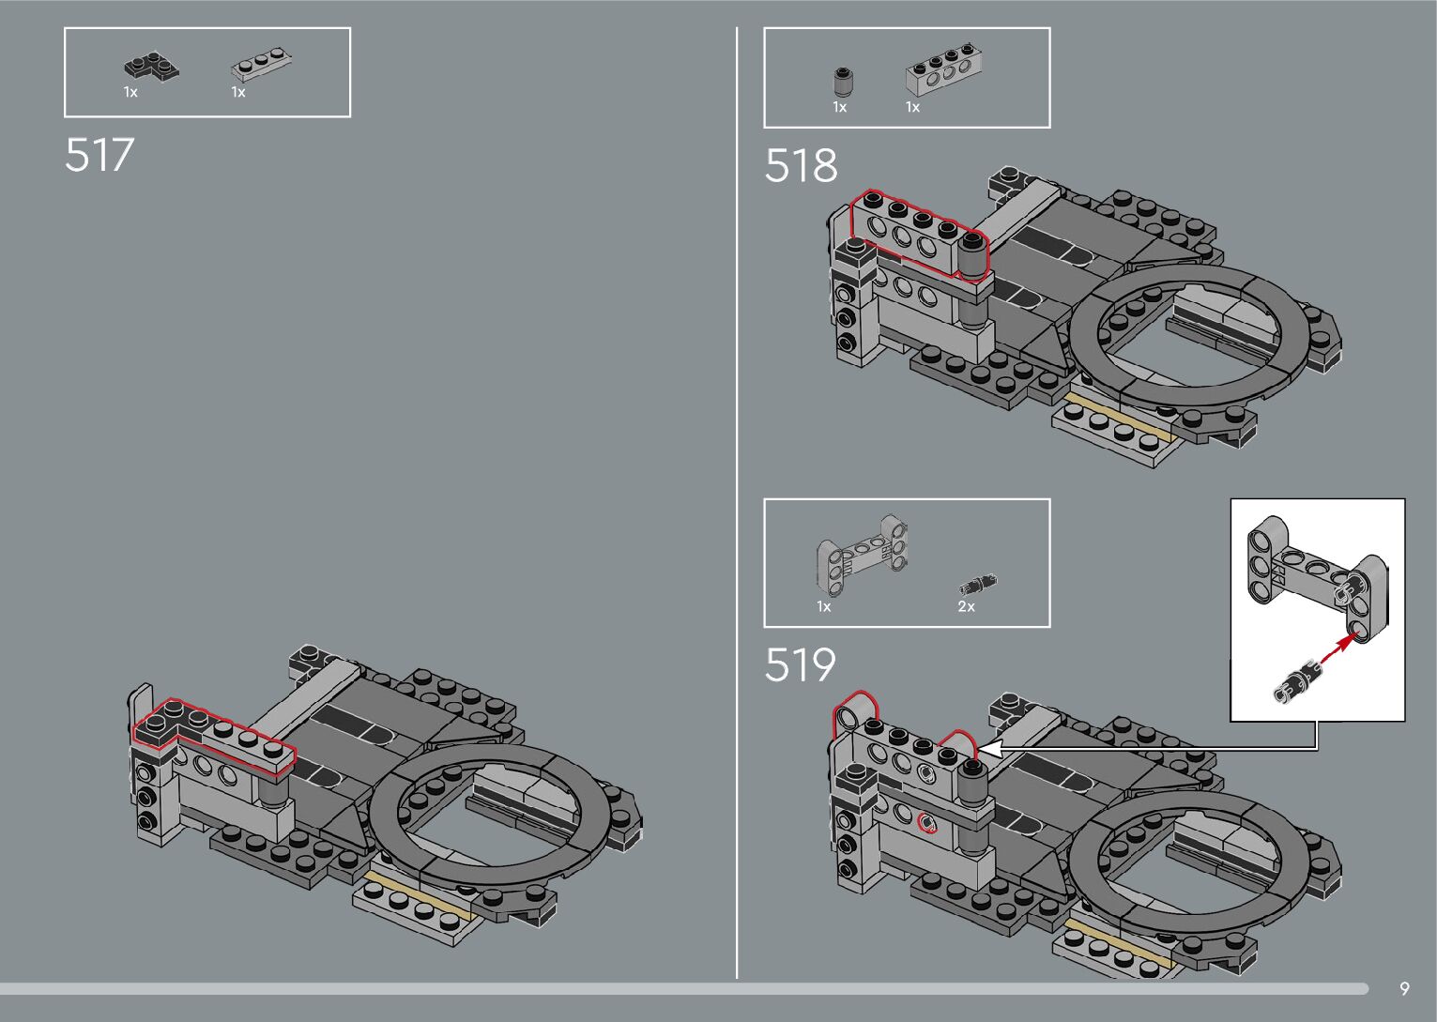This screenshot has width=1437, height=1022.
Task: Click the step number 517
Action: tap(99, 156)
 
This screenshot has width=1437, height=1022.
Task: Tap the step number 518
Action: tap(801, 166)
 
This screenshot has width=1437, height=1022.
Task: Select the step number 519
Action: tap(800, 665)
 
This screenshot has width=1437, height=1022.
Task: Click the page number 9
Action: tap(1404, 988)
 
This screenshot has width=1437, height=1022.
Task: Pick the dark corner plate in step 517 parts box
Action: tap(150, 68)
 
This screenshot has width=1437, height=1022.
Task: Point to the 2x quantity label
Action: tap(966, 607)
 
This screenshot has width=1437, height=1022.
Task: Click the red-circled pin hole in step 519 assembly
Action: tap(927, 823)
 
